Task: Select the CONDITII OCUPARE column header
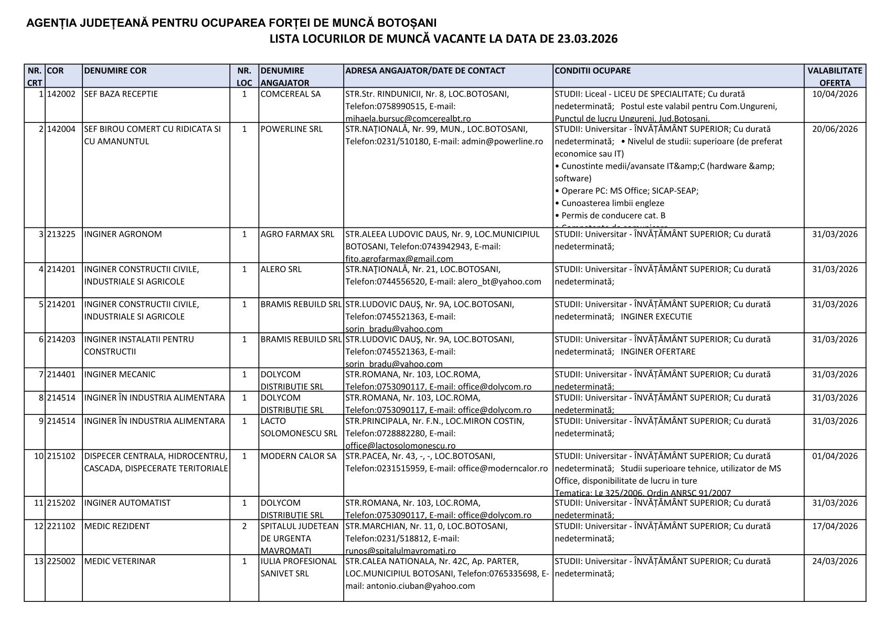click(x=592, y=71)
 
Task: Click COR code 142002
click(x=61, y=95)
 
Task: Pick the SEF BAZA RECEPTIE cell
click(x=121, y=95)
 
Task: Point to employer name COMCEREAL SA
click(x=290, y=95)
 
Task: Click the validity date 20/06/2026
click(x=835, y=129)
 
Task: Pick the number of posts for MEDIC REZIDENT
click(x=244, y=526)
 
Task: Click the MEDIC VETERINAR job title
click(x=120, y=561)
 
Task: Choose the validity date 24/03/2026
click(x=835, y=561)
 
